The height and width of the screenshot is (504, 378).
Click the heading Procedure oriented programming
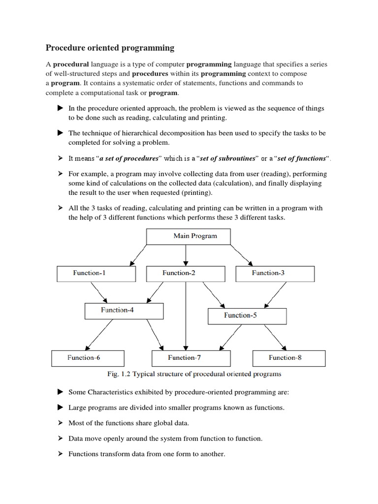point(110,48)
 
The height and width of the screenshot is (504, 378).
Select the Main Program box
point(195,236)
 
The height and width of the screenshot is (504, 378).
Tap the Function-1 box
point(96,273)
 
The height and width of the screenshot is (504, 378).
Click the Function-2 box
point(186,273)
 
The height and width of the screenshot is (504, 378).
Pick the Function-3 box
point(275,273)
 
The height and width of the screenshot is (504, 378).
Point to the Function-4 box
point(124,311)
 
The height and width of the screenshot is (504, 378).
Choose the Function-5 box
point(247,315)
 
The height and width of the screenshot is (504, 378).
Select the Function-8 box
point(289,358)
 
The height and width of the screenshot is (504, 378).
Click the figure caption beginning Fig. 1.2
point(194,374)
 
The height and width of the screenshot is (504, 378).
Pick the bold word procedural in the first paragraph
point(71,64)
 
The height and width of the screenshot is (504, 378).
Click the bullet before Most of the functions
point(60,423)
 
